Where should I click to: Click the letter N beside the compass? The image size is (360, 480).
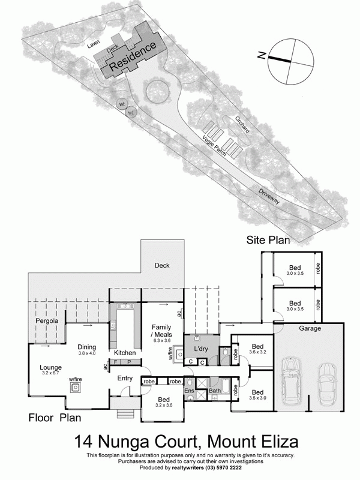(x=262, y=55)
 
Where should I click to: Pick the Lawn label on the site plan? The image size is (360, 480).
(x=91, y=44)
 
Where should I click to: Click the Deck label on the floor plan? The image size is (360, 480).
(x=162, y=265)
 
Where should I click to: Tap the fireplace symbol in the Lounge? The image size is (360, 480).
(x=76, y=388)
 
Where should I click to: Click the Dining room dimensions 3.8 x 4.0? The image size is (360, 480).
(x=86, y=353)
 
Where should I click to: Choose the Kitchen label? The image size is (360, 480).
(x=125, y=352)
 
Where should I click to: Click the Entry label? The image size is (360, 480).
(x=125, y=378)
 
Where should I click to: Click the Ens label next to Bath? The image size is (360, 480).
(x=188, y=391)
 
